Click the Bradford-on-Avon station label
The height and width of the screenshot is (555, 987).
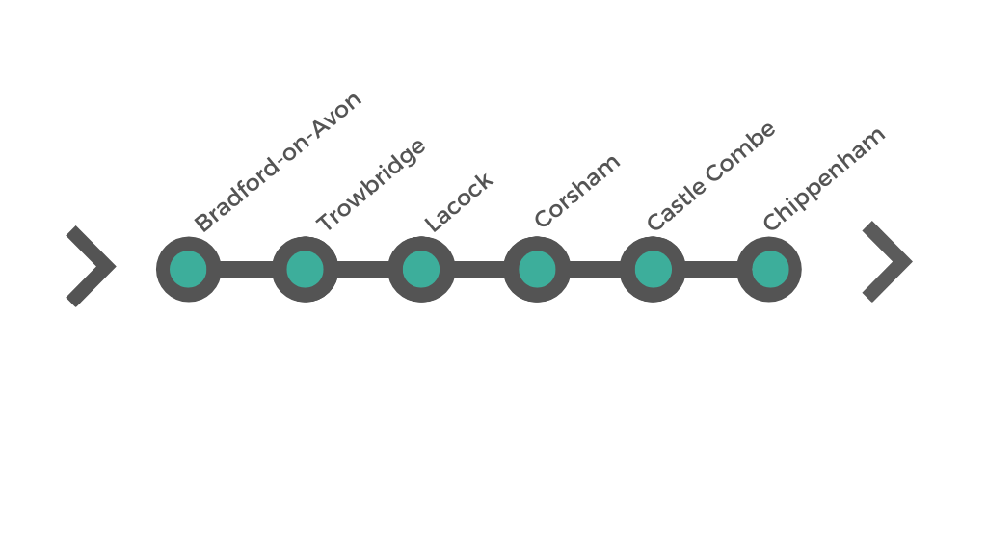coord(278,161)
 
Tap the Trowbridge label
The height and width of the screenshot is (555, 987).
coord(371,184)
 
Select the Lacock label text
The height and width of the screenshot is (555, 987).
coord(459,201)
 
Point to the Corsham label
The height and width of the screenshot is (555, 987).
coord(577,190)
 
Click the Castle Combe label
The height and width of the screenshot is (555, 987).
coord(711,175)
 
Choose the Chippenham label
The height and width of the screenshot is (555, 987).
coord(823,178)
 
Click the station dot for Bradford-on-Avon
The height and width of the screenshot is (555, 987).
coord(188,269)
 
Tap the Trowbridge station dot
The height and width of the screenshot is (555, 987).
coord(305,269)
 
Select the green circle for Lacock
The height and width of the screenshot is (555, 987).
coord(421,269)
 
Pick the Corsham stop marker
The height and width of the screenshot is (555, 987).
coord(537,269)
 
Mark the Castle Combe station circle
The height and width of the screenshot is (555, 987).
coord(653,269)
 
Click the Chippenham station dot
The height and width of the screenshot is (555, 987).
coord(769,269)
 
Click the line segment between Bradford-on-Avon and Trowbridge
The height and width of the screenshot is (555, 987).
coord(247,269)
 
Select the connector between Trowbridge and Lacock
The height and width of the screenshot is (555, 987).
coord(363,269)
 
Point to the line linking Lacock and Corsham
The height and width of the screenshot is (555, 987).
coord(479,269)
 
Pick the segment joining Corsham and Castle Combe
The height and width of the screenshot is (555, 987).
coord(595,269)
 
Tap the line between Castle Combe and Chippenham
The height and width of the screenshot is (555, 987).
coord(711,269)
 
